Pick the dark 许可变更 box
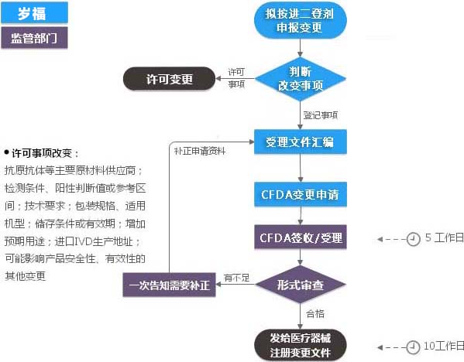(x=169, y=79)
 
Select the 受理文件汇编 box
(x=300, y=142)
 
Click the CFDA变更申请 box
(x=300, y=193)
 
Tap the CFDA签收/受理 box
(x=300, y=237)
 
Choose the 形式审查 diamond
(x=300, y=285)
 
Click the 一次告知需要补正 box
(x=170, y=285)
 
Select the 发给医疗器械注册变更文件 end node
(x=300, y=345)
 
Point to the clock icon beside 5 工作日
(x=414, y=238)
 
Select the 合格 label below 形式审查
(x=316, y=314)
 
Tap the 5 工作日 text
(x=444, y=238)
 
